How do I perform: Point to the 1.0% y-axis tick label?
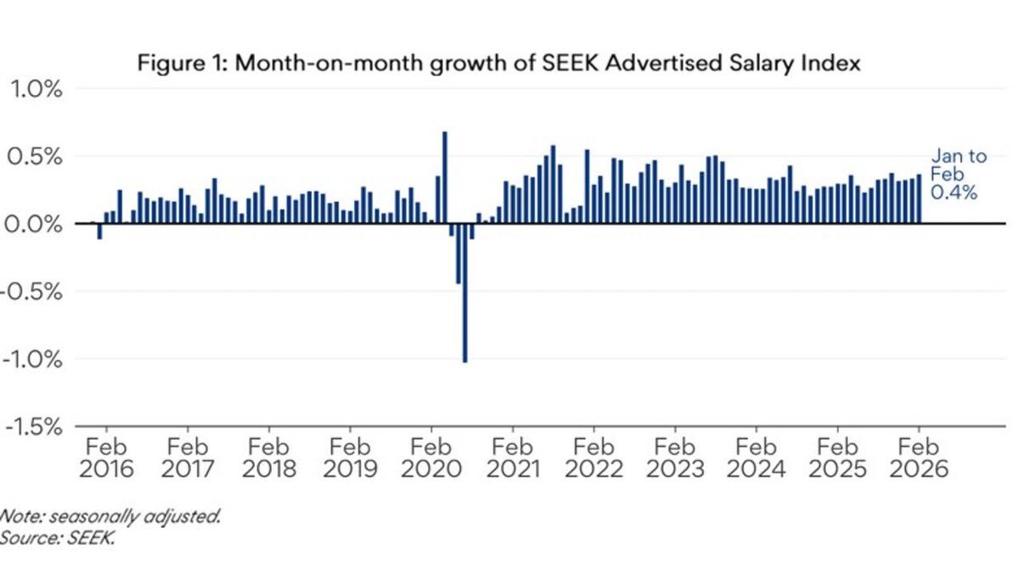click(x=36, y=89)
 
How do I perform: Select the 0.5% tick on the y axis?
click(x=36, y=157)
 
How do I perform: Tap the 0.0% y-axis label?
click(x=36, y=224)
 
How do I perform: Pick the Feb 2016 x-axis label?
click(x=106, y=458)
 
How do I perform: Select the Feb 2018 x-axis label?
click(x=269, y=458)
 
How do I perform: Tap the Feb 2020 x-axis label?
click(x=431, y=458)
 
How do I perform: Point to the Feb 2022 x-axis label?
click(x=594, y=458)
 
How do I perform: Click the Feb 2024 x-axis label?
click(x=757, y=458)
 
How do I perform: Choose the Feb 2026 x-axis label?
click(x=920, y=458)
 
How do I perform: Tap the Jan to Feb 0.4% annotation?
click(x=958, y=175)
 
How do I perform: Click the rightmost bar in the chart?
click(x=919, y=199)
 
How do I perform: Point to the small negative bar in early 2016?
click(x=100, y=231)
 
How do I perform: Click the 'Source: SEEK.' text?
click(x=56, y=537)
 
